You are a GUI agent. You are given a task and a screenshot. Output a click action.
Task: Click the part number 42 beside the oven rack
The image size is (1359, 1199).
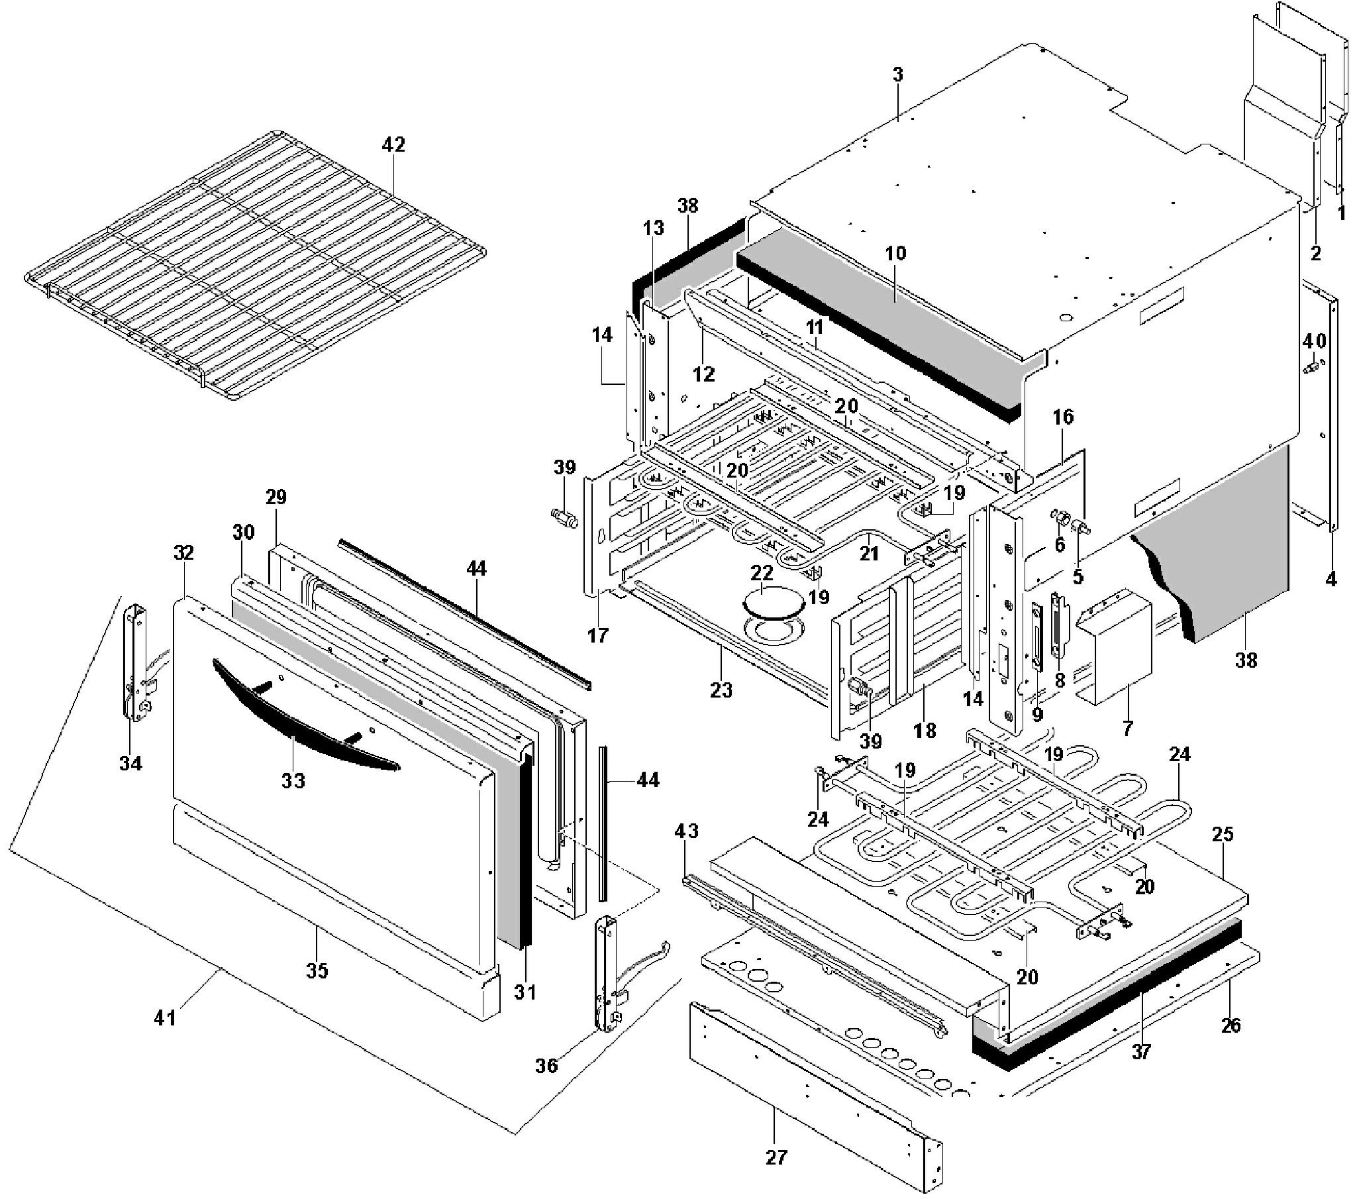[x=393, y=145]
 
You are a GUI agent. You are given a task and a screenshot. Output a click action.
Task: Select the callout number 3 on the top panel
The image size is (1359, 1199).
[x=897, y=75]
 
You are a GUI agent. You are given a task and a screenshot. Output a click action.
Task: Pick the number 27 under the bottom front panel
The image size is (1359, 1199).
[x=776, y=1158]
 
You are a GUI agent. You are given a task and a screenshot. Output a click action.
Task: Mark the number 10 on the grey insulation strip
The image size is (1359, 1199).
[x=895, y=253]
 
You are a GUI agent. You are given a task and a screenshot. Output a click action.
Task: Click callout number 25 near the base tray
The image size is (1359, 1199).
[x=1222, y=835]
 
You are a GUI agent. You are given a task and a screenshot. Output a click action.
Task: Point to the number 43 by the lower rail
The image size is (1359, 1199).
[x=686, y=831]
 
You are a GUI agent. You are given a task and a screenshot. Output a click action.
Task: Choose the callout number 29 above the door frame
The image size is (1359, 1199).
[x=276, y=497]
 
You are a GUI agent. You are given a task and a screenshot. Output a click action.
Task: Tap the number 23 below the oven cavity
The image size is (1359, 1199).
[x=721, y=691]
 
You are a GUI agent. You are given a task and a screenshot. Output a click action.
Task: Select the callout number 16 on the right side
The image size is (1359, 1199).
[x=1062, y=417]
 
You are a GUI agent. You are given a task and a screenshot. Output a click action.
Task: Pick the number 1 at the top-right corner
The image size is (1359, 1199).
[x=1340, y=213]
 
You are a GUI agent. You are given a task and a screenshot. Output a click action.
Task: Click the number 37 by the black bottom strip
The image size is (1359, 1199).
[x=1141, y=1052]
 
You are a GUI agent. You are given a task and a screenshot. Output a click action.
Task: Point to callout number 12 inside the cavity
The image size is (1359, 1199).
[x=703, y=374]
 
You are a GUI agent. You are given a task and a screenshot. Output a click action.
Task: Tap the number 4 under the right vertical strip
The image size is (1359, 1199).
[x=1330, y=580]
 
